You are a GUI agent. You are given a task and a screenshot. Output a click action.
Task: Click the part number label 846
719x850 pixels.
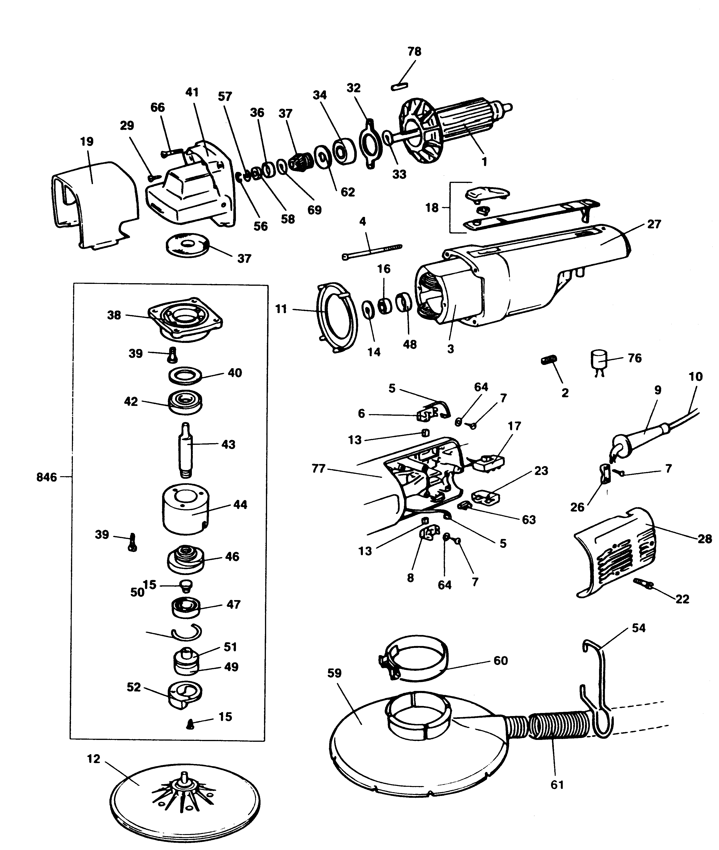pos(46,477)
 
